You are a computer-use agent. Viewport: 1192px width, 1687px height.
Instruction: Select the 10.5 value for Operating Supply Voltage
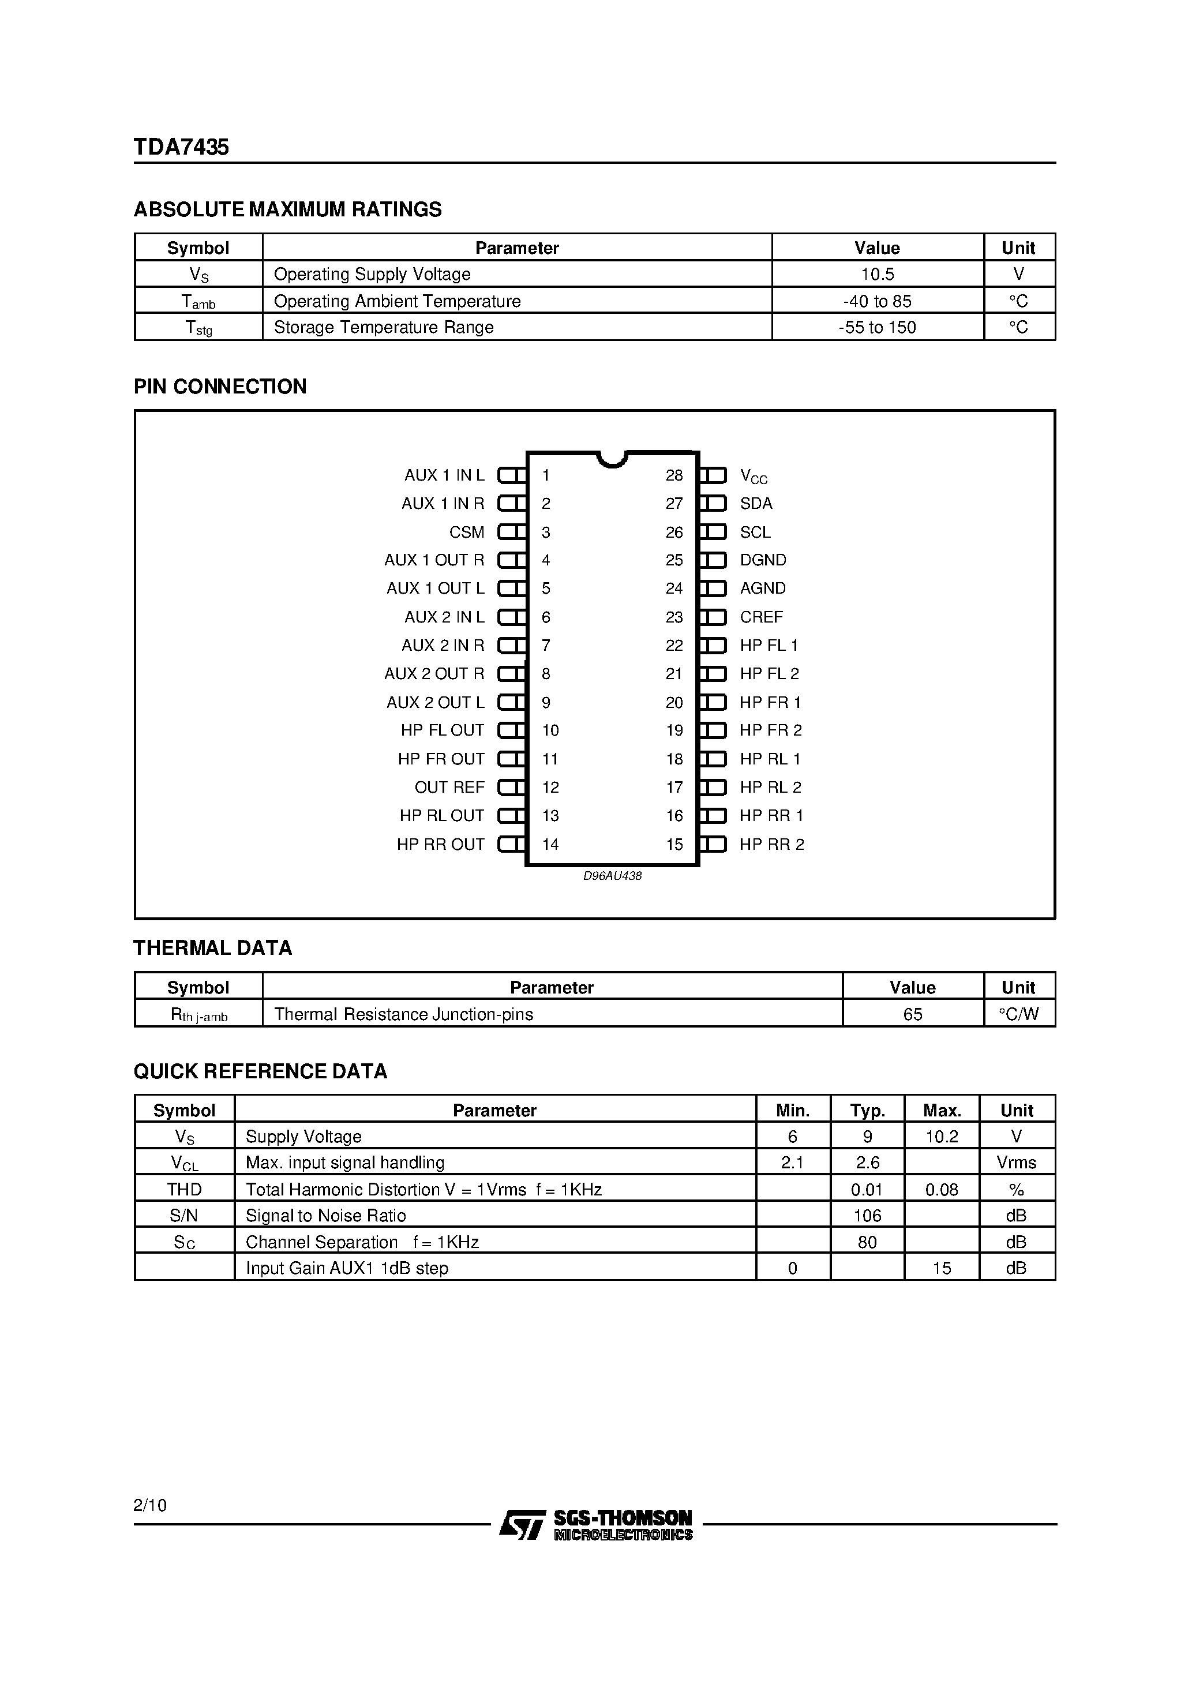[877, 274]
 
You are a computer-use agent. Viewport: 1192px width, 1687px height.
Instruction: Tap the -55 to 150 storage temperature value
[877, 328]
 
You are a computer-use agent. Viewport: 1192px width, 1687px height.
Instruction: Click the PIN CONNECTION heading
[220, 387]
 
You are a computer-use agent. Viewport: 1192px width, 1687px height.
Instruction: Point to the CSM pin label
[467, 532]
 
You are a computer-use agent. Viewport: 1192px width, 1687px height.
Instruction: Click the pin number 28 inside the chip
[674, 475]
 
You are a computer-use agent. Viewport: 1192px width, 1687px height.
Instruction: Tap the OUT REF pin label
[449, 788]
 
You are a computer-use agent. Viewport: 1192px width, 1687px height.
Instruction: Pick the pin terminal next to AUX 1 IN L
[512, 475]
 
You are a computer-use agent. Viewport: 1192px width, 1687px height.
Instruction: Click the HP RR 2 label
[771, 844]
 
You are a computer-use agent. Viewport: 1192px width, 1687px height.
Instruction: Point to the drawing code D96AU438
[612, 876]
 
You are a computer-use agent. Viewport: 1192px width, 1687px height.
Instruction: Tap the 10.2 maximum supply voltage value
[942, 1137]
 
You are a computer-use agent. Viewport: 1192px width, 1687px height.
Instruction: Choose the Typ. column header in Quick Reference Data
[867, 1110]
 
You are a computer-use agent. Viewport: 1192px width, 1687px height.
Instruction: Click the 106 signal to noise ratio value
[867, 1215]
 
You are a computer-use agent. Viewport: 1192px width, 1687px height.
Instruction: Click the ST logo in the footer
[522, 1525]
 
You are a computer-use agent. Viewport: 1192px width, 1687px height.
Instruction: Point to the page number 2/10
[150, 1505]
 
